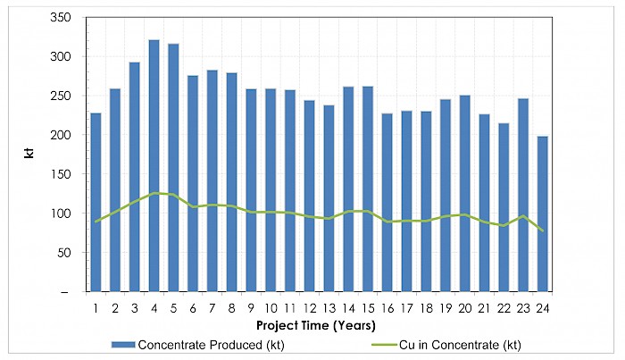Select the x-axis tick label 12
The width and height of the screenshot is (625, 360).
pyautogui.click(x=309, y=308)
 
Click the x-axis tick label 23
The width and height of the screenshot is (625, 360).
pyautogui.click(x=522, y=308)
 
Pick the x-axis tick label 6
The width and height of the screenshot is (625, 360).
pyautogui.click(x=193, y=308)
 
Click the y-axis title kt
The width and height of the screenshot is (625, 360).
pyautogui.click(x=29, y=155)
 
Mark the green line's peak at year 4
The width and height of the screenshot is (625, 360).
pyautogui.click(x=154, y=193)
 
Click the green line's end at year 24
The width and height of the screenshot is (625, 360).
pyautogui.click(x=542, y=230)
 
